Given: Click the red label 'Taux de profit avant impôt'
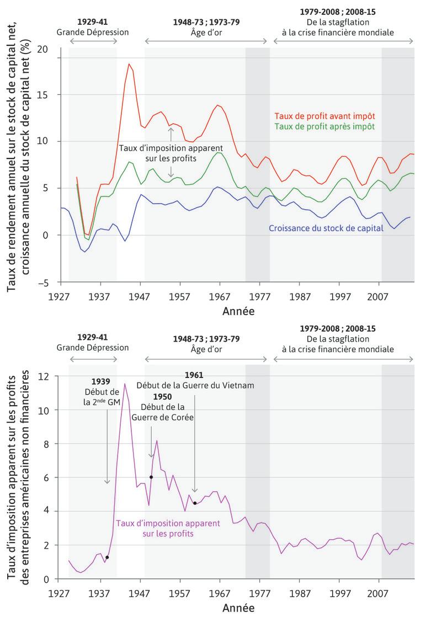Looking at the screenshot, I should [324, 116].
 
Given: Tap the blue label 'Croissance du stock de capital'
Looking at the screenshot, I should [326, 227].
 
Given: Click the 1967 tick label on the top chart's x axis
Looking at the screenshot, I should [220, 296].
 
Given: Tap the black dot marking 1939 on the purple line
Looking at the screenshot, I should [107, 557].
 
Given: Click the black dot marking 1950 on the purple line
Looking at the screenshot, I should [151, 477].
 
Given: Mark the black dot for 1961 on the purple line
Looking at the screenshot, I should [195, 503].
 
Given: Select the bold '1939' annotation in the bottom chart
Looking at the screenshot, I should [101, 381].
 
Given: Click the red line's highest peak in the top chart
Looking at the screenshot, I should [129, 63].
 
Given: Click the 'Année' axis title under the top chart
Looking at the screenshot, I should [238, 311].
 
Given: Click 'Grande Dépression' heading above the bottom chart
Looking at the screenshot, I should [92, 348].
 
